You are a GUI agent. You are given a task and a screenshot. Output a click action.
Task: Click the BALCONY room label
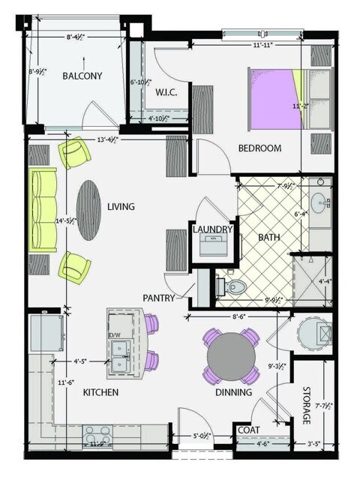coord(82,76)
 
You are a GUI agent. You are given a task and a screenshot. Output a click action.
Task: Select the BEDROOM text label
coord(259,148)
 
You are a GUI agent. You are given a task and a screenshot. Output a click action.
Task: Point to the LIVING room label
coord(121,207)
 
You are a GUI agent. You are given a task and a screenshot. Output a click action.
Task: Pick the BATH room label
coord(268,238)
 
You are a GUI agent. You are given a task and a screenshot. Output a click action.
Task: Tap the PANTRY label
coord(159,298)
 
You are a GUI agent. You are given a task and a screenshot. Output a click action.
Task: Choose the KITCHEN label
coord(100,392)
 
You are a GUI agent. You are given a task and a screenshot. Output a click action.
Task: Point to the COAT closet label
coord(247,430)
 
